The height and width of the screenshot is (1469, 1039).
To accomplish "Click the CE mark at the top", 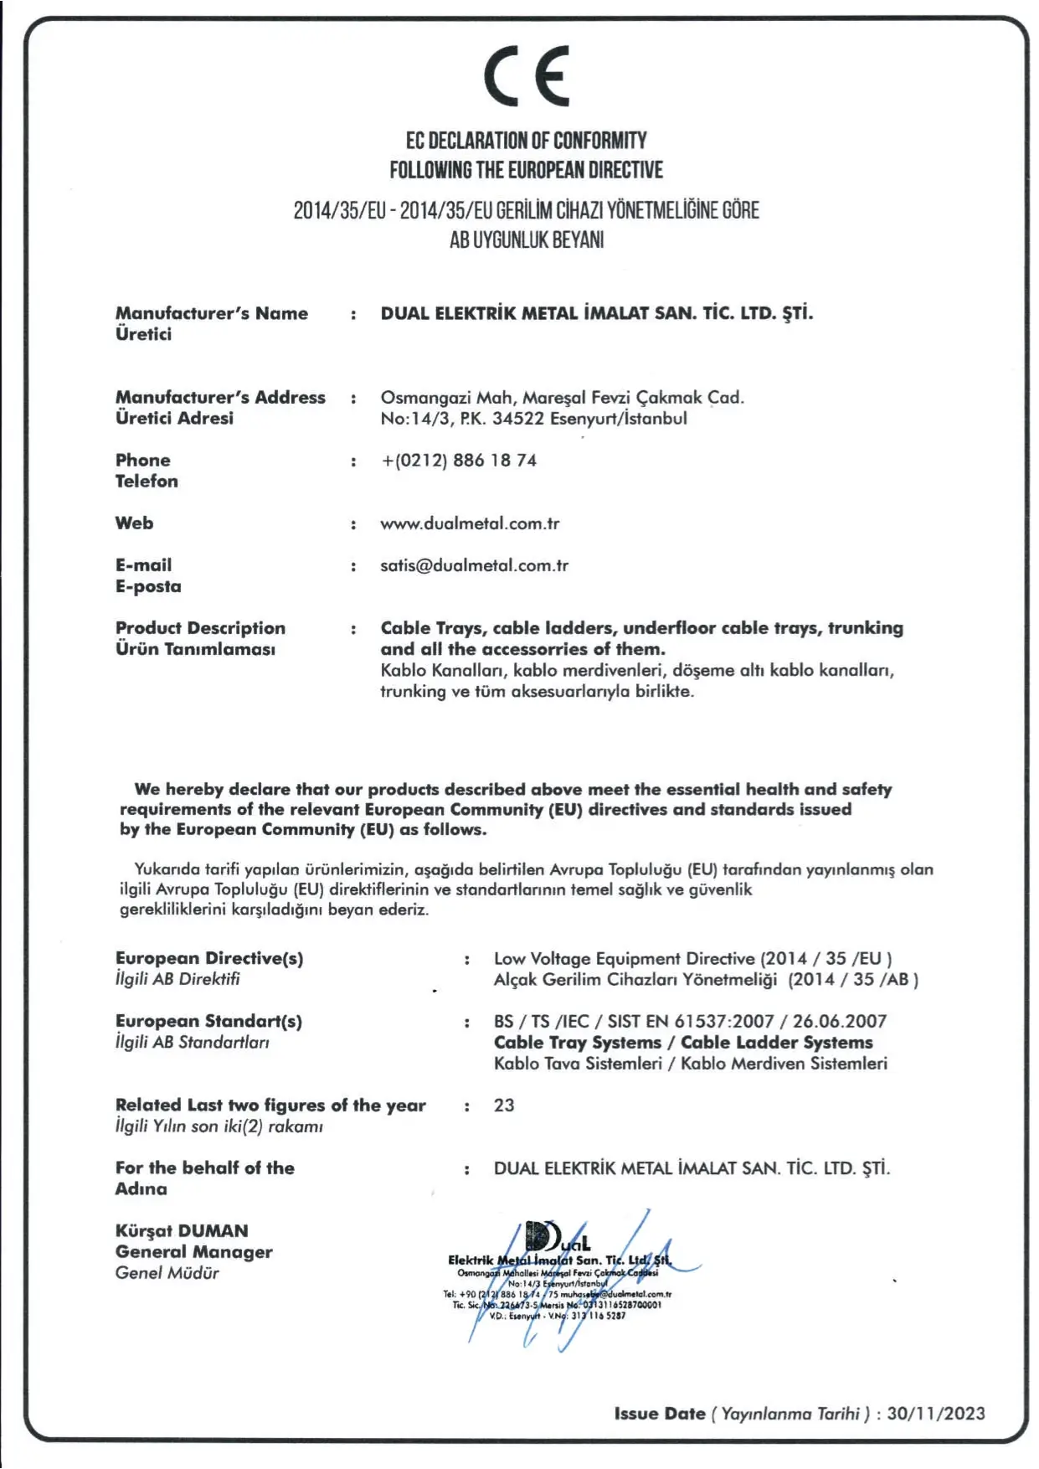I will click(x=527, y=75).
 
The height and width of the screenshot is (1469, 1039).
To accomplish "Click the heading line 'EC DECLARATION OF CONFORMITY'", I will click(x=526, y=141).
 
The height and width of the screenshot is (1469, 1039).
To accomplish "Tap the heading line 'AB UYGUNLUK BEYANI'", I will click(x=526, y=240).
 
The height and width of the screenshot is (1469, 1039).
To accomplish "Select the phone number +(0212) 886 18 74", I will click(x=459, y=461).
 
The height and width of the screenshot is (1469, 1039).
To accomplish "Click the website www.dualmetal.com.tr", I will click(x=470, y=524).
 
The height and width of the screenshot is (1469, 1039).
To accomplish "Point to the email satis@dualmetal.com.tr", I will click(x=474, y=566).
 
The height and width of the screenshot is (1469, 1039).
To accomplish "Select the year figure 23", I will click(x=504, y=1106).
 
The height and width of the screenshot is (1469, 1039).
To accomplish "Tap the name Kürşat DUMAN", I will click(x=182, y=1231).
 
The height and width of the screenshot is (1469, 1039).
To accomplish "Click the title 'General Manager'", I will click(x=194, y=1252).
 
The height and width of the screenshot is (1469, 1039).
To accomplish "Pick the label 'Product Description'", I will click(x=200, y=628).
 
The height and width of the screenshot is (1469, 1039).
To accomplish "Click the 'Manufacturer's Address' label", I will click(x=220, y=398).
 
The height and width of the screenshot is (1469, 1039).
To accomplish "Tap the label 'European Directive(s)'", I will click(x=209, y=959).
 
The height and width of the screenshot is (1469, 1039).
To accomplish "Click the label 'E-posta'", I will click(x=148, y=587).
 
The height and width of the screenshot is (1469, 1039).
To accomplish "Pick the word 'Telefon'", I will click(x=147, y=482).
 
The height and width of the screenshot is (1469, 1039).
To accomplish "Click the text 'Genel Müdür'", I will click(x=167, y=1273).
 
